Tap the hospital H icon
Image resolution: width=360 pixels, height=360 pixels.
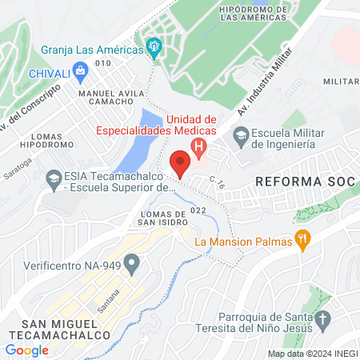[x=198, y=146]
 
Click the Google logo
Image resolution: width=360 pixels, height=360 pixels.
[x=26, y=350]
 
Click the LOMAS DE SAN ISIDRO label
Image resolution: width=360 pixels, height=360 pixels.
[x=165, y=218]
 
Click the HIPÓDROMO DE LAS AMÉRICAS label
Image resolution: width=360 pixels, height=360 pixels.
[x=263, y=12]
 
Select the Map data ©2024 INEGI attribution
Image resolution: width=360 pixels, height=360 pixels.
[x=311, y=354]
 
